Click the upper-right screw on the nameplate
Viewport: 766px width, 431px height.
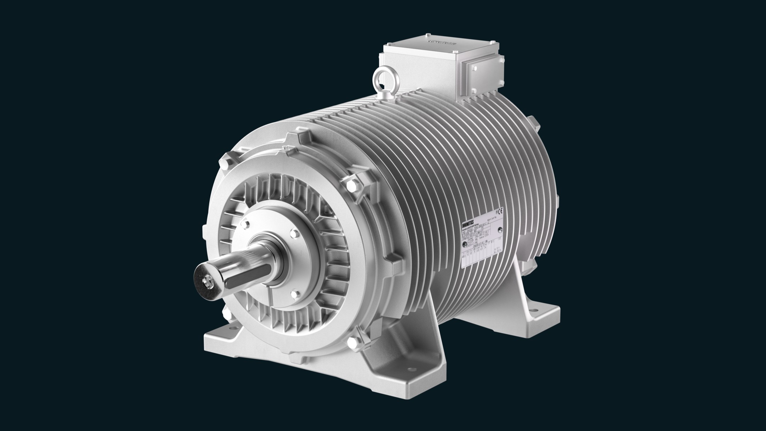click(500, 229)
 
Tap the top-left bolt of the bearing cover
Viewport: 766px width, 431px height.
click(247, 225)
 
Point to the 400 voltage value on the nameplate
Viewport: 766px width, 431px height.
click(464, 256)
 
